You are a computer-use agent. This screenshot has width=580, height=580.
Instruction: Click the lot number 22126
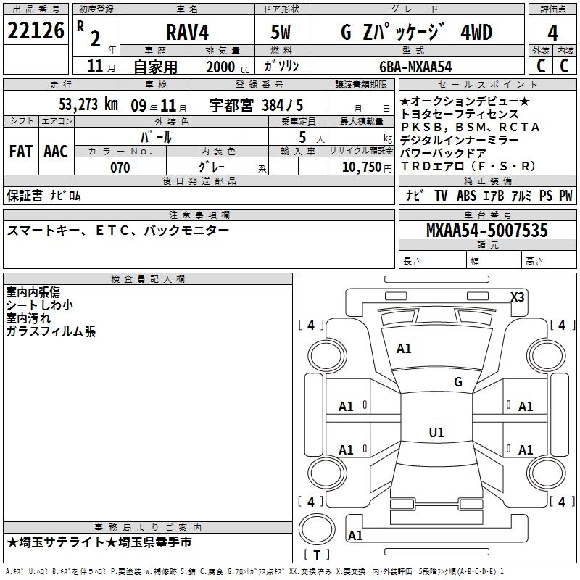(36, 30)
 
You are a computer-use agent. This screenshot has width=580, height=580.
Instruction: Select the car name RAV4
(187, 32)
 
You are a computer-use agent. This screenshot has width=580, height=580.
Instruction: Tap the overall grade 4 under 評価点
(552, 33)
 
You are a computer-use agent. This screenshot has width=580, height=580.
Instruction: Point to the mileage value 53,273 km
(88, 104)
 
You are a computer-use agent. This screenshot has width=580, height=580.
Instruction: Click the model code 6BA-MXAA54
(415, 67)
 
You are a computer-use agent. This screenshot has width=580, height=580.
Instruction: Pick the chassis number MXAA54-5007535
(486, 230)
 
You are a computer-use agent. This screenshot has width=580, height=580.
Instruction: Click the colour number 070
(120, 167)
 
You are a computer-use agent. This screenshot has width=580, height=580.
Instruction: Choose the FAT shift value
(21, 152)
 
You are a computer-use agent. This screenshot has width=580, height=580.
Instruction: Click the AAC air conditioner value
(56, 152)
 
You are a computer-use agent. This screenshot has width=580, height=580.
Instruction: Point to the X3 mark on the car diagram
(517, 297)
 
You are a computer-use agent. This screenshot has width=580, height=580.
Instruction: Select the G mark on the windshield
(458, 382)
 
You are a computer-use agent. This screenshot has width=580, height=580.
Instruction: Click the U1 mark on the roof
(436, 432)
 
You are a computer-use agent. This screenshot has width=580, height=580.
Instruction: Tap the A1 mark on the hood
(404, 349)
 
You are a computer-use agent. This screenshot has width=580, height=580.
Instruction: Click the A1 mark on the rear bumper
(355, 535)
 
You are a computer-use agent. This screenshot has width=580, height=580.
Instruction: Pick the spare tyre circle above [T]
(317, 529)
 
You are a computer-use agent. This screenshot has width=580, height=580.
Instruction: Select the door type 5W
(281, 32)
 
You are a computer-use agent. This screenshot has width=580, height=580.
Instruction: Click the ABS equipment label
(466, 196)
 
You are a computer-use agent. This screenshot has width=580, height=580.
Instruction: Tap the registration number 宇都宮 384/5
(256, 106)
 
